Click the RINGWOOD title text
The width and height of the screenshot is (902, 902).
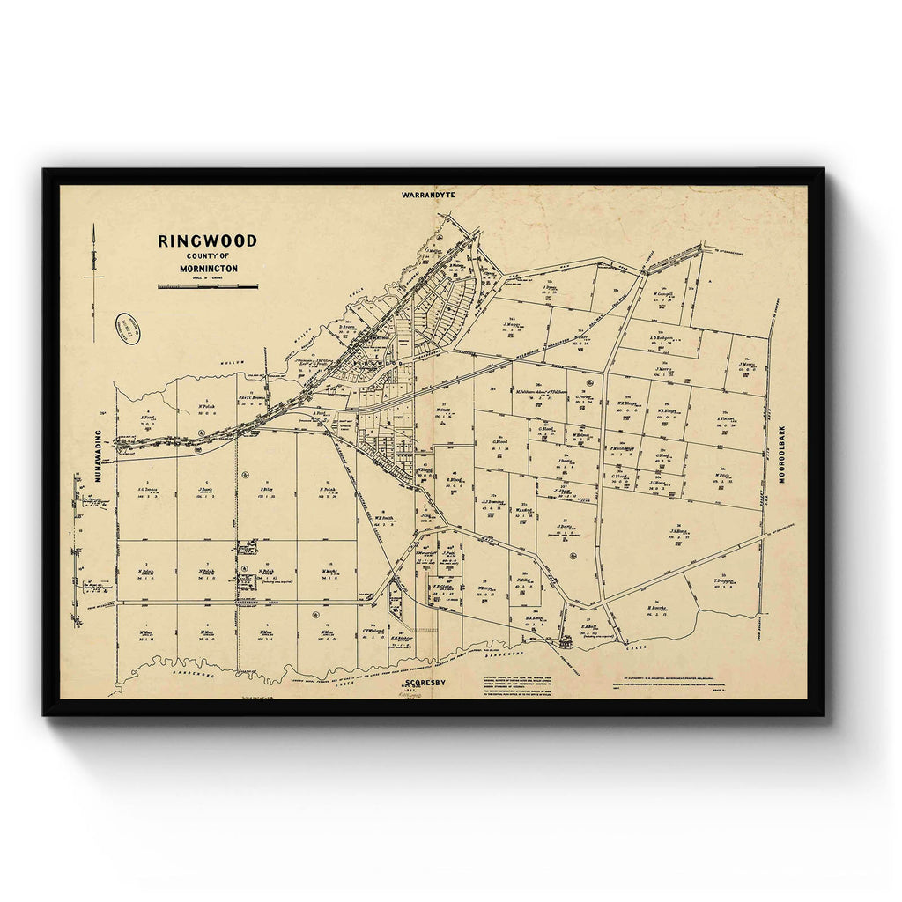(207, 240)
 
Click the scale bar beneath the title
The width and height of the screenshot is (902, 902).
(208, 286)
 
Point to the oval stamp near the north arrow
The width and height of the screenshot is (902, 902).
(129, 329)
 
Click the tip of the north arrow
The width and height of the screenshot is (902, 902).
(94, 227)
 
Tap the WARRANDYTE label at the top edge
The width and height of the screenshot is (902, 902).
(426, 194)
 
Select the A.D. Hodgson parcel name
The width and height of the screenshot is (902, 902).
(662, 336)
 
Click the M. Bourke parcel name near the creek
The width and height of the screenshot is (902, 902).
(656, 607)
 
